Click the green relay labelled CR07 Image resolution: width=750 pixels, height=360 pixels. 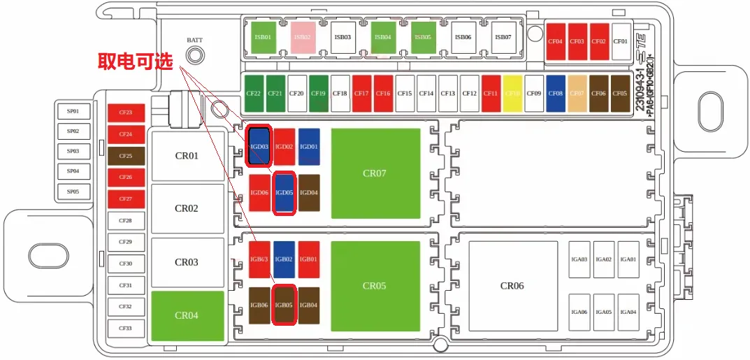pos(375,173)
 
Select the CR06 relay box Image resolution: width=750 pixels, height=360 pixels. pos(512,285)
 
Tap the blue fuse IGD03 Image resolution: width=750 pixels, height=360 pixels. pos(260,146)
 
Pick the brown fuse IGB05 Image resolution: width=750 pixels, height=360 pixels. pos(284,305)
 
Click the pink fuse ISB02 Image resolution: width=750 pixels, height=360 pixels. pos(303,36)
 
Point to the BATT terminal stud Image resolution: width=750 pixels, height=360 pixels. pos(195,56)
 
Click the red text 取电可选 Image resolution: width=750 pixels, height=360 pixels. pos(135,62)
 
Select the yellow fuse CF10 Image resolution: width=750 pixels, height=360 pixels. pos(513,93)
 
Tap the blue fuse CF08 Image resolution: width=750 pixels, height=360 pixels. pos(556,93)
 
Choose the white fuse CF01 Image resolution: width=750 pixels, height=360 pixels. pos(621,41)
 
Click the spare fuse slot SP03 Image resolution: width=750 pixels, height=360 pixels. pos(73,151)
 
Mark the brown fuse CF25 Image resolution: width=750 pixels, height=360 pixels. pos(126,156)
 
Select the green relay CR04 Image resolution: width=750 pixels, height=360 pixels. pos(187,315)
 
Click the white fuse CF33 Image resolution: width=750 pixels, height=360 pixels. pos(126,329)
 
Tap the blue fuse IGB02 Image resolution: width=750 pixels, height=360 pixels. pos(284,259)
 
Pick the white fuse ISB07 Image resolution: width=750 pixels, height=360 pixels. pos(502,36)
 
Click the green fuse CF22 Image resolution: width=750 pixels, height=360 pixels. pos(254,93)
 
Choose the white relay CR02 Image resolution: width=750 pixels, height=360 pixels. pos(187,208)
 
